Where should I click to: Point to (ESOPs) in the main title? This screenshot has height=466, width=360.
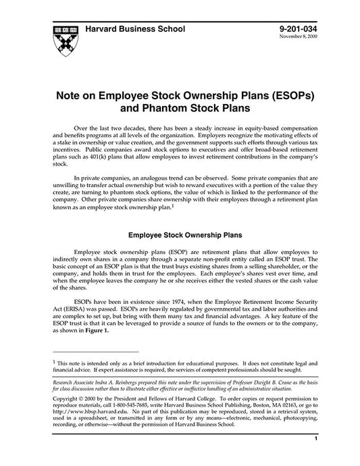(x=290, y=95)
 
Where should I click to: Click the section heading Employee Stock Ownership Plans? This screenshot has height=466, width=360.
(x=181, y=236)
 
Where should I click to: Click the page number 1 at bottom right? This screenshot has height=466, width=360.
(x=316, y=457)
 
